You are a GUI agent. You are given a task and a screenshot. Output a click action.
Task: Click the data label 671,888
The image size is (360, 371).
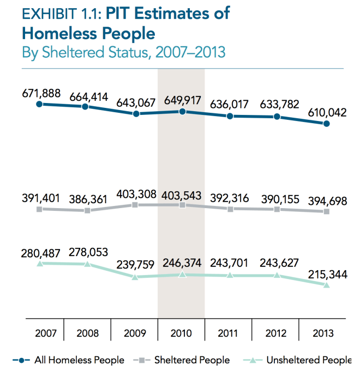(x=41, y=93)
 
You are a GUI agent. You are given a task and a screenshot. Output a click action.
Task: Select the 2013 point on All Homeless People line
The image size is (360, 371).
(x=326, y=124)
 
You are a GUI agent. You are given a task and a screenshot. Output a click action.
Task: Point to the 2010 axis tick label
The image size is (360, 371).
(x=181, y=333)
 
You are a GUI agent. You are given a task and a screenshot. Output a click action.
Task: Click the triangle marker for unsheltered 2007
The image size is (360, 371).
(x=39, y=263)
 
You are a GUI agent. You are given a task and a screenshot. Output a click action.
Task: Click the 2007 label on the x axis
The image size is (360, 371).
(x=40, y=333)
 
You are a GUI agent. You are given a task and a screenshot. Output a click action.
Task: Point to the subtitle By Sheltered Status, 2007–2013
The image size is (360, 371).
(x=124, y=53)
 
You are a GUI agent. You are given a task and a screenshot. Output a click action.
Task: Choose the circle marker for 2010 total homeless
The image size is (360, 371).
(x=182, y=111)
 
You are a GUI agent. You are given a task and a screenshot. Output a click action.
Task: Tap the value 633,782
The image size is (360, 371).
(x=278, y=105)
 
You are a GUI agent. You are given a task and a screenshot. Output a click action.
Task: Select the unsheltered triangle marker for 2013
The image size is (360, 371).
(x=326, y=285)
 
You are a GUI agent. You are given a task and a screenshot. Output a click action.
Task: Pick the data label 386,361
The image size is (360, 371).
(x=87, y=199)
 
